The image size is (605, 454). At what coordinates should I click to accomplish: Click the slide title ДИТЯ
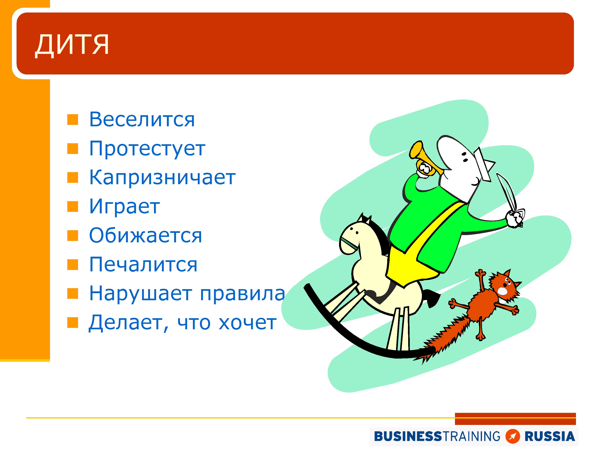click(x=72, y=45)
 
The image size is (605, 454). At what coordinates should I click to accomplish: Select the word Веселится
click(x=142, y=120)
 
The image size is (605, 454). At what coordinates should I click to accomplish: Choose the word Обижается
click(x=146, y=235)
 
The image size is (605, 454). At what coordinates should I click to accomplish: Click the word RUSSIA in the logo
click(x=550, y=436)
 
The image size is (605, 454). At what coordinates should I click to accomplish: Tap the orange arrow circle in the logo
click(x=513, y=436)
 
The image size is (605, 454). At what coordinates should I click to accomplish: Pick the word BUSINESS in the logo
click(x=408, y=436)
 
